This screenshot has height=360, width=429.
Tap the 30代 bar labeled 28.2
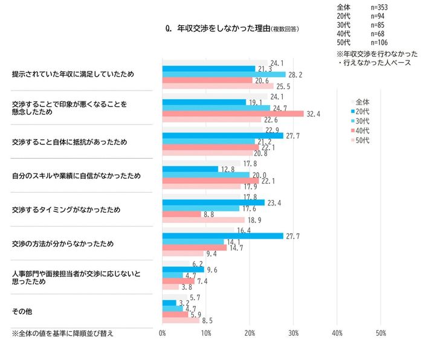[224, 74]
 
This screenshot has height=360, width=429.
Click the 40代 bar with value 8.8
[182, 214]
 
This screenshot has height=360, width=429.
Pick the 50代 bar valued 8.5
[181, 320]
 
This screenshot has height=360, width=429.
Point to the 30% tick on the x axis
[294, 333]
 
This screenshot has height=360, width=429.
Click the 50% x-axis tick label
[381, 333]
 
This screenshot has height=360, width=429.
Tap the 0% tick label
[163, 333]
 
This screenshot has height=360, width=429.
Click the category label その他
[22, 312]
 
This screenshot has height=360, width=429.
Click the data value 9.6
[213, 270]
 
